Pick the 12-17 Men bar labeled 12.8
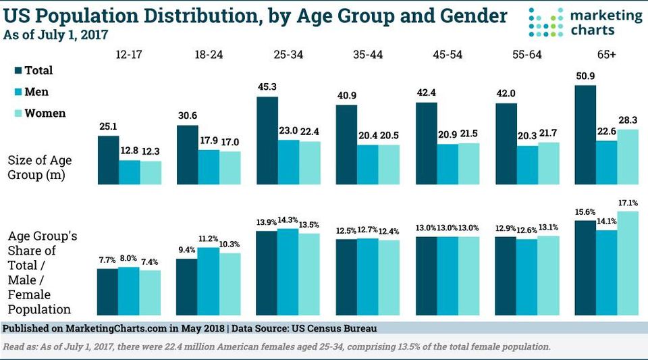coord(130,172)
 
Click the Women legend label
coord(45,113)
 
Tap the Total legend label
coord(38,70)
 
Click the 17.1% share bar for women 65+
coord(628,263)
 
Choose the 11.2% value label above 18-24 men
coord(208,239)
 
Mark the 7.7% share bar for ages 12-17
coord(108,292)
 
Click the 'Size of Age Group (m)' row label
coord(40,167)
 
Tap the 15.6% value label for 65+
coord(585,211)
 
